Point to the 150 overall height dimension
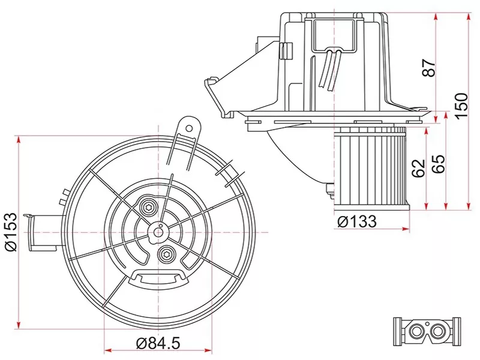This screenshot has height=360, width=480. tap(461, 106)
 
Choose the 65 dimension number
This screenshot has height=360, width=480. tap(438, 163)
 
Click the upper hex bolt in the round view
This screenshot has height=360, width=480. tap(148, 208)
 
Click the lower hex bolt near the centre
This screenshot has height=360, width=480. tap(166, 254)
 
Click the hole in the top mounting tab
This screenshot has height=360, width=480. tap(188, 127)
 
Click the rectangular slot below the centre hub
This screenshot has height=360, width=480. tap(159, 277)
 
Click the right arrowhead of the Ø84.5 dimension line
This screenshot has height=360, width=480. tap(209, 349)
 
